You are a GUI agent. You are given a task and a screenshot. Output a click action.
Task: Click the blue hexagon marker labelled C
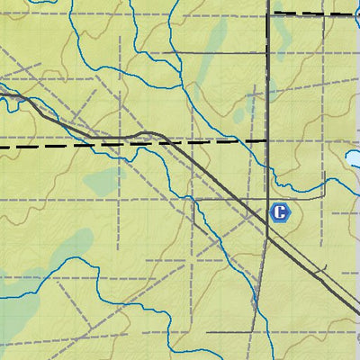coord(280,213)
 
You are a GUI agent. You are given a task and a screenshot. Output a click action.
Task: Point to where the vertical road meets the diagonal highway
coord(268,236)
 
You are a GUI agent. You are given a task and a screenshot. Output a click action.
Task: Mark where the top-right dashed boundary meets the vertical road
coord(268,13)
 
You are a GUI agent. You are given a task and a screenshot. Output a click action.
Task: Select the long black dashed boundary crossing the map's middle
coord(90,144)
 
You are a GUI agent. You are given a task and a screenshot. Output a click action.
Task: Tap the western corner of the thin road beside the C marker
coord(194,199)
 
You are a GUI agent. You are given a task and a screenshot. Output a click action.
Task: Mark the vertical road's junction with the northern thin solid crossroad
coord(268,52)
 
